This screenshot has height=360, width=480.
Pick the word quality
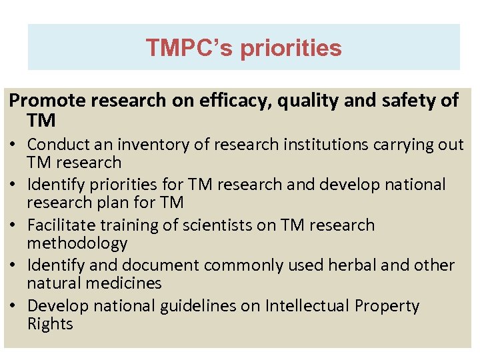tap(306, 101)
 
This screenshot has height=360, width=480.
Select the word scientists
tap(219, 225)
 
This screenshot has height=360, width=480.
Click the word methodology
tap(77, 243)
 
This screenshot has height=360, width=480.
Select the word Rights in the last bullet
tap(50, 324)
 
